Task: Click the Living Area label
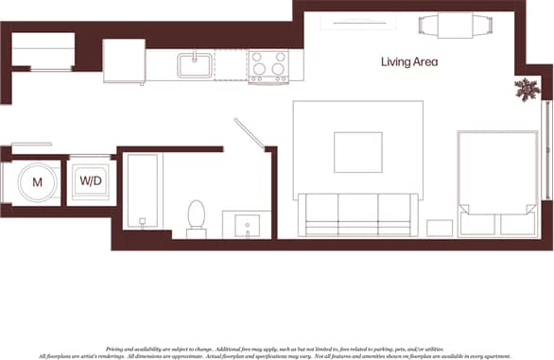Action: pyautogui.click(x=408, y=62)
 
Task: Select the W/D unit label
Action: pyautogui.click(x=91, y=180)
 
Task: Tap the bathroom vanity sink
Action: pyautogui.click(x=248, y=226)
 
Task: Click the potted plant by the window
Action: pyautogui.click(x=526, y=91)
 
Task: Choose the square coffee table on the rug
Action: pyautogui.click(x=358, y=152)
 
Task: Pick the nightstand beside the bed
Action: pyautogui.click(x=440, y=228)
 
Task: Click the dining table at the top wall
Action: pyautogui.click(x=455, y=25)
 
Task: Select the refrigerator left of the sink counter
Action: pyautogui.click(x=124, y=61)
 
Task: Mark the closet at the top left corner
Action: pyautogui.click(x=43, y=51)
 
